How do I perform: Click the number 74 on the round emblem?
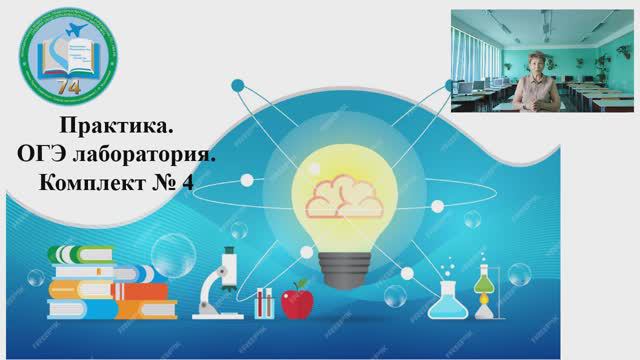(66, 86)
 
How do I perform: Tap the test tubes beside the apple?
(264, 301)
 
